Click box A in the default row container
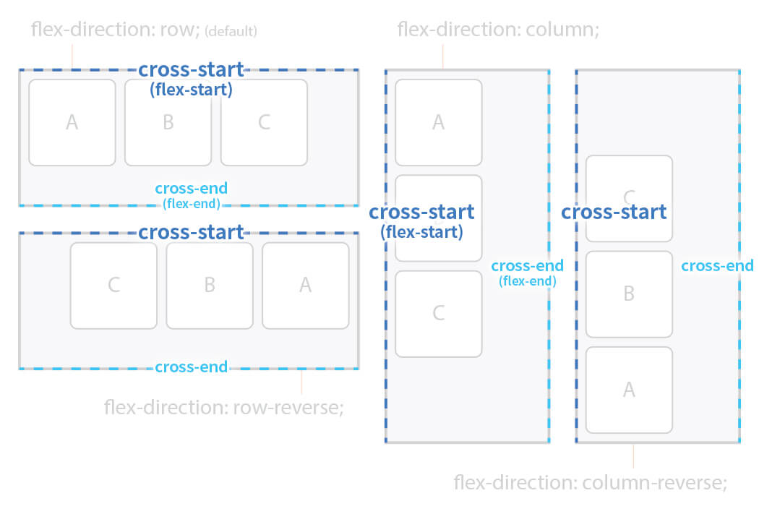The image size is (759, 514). [x=72, y=123]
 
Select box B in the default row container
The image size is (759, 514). [x=168, y=123]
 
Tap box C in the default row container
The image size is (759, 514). [x=264, y=123]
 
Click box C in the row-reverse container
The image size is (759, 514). [x=113, y=285]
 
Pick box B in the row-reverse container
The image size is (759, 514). [x=210, y=285]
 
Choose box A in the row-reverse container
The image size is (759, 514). [x=305, y=285]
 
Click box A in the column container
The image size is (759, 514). [x=438, y=123]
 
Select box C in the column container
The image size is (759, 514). [x=438, y=314]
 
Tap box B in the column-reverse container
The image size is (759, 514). [x=629, y=294]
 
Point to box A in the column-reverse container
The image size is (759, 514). [x=629, y=390]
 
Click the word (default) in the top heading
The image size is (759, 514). [x=231, y=32]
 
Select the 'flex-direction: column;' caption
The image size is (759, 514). [x=499, y=30]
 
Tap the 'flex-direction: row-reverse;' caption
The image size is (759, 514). [x=223, y=407]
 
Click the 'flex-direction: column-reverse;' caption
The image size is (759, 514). [x=590, y=482]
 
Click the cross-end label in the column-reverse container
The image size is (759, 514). [x=717, y=265]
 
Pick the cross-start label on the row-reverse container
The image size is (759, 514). [x=191, y=233]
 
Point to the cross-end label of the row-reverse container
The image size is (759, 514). [x=191, y=367]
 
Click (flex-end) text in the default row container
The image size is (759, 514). [x=191, y=204]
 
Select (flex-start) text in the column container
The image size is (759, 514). [x=421, y=232]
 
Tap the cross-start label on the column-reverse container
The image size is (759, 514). [x=614, y=213]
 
